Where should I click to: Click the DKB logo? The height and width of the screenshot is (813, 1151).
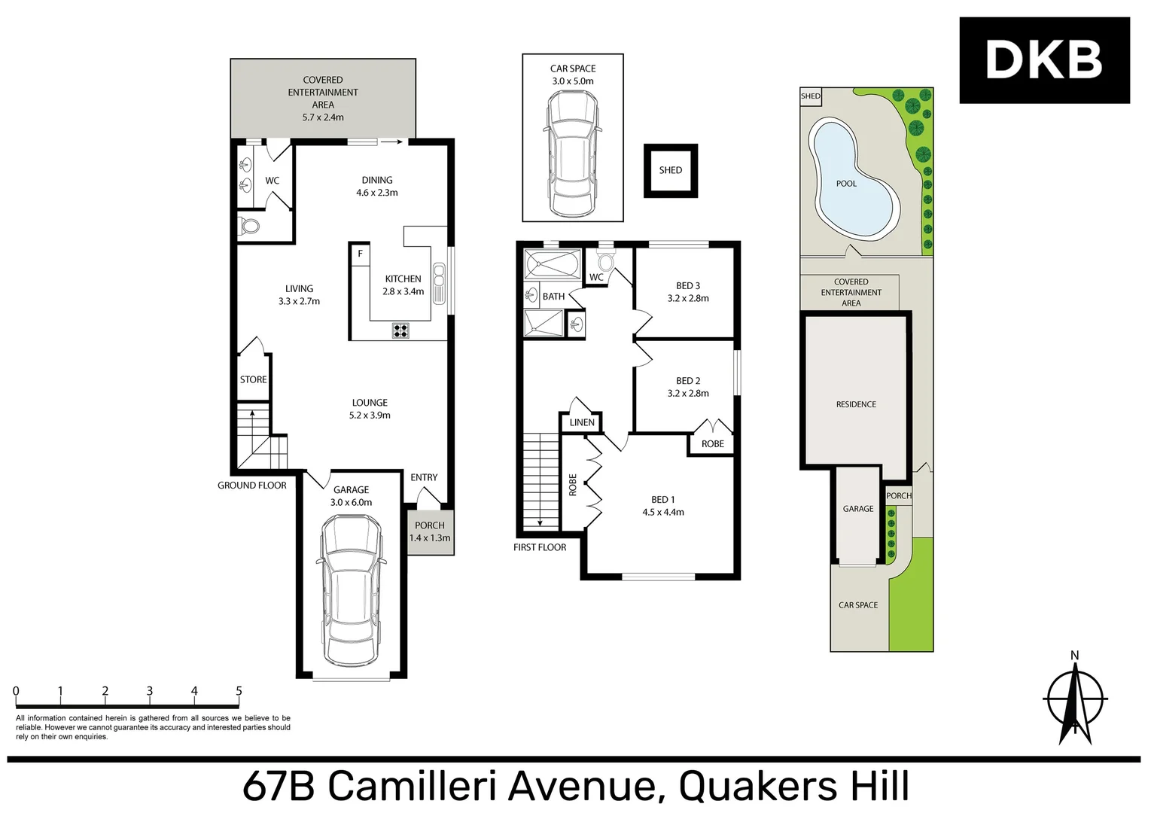click(1043, 60)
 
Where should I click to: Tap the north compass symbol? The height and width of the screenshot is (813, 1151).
click(1075, 699)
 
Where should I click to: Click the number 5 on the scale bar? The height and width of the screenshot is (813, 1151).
click(239, 691)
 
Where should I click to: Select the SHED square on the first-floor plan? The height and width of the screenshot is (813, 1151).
click(670, 171)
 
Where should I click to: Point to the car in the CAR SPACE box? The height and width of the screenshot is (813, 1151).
click(572, 154)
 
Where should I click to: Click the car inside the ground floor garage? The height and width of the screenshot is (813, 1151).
click(351, 590)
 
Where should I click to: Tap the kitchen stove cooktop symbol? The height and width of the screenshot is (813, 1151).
click(400, 330)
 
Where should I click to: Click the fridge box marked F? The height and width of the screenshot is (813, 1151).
click(360, 254)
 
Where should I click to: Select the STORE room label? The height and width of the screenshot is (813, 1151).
click(253, 379)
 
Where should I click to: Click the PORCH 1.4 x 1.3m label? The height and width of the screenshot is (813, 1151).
click(430, 532)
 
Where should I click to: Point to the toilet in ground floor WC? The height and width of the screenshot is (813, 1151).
click(249, 225)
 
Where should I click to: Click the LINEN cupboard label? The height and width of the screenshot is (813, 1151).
click(581, 422)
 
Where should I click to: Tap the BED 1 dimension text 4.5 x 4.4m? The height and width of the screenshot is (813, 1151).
click(663, 512)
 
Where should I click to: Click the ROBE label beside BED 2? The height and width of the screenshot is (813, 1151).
click(712, 444)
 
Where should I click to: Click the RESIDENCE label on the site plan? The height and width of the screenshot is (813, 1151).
click(856, 404)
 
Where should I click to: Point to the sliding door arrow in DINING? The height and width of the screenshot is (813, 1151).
click(391, 141)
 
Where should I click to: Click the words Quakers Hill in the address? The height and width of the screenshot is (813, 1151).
click(793, 786)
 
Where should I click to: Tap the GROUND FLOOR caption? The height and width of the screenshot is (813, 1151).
click(252, 486)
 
